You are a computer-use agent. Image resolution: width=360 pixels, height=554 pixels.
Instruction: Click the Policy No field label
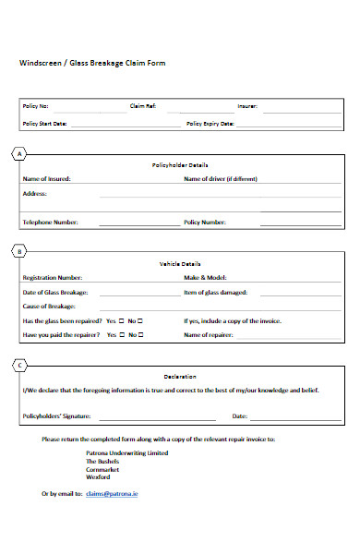pos(36,106)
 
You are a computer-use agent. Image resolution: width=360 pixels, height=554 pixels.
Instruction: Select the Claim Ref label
pos(143,106)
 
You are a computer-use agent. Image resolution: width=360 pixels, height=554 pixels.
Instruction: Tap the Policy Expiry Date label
pos(210,123)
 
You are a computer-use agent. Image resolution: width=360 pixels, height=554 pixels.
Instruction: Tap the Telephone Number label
pos(50,223)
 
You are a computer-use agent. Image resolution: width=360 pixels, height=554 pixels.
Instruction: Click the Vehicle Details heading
pos(180,263)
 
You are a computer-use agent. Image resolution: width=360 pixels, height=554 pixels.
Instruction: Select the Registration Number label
pos(52,277)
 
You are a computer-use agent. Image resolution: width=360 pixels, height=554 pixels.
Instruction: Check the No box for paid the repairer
pos(142,334)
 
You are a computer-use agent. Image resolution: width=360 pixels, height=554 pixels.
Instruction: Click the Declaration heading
pos(180,377)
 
